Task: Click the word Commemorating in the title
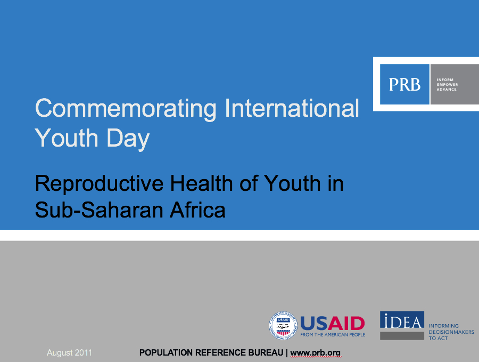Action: pyautogui.click(x=126, y=109)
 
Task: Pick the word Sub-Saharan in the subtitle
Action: pyautogui.click(x=99, y=210)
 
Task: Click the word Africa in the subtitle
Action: pyautogui.click(x=197, y=210)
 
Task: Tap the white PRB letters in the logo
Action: pyautogui.click(x=404, y=84)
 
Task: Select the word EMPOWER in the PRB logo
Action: pyautogui.click(x=447, y=84)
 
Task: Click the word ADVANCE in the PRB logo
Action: pyautogui.click(x=447, y=90)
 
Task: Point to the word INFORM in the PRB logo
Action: pyautogui.click(x=445, y=79)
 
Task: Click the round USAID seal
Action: pyautogui.click(x=283, y=326)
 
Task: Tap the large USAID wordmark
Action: pyautogui.click(x=333, y=323)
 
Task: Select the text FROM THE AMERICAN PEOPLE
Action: pyautogui.click(x=333, y=335)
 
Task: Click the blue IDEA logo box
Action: pyautogui.click(x=402, y=320)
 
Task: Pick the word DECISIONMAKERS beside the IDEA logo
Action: pyautogui.click(x=451, y=332)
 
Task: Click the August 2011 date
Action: pyautogui.click(x=69, y=353)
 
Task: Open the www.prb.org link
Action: pyautogui.click(x=315, y=353)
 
